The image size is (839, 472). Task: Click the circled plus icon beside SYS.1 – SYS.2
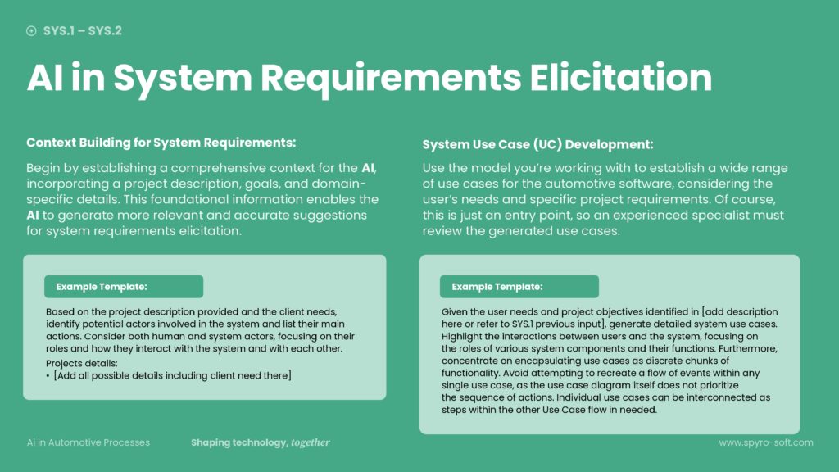tap(31, 31)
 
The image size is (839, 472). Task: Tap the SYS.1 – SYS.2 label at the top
tap(83, 31)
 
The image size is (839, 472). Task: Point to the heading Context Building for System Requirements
tap(161, 142)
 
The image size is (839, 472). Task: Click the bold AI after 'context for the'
tap(369, 168)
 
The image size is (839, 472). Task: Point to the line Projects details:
tap(83, 363)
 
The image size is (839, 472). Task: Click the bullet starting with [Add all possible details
tap(170, 375)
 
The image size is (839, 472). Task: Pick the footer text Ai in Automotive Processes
tap(88, 442)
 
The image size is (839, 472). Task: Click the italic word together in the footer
tap(311, 442)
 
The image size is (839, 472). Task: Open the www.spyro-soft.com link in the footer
tap(765, 442)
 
